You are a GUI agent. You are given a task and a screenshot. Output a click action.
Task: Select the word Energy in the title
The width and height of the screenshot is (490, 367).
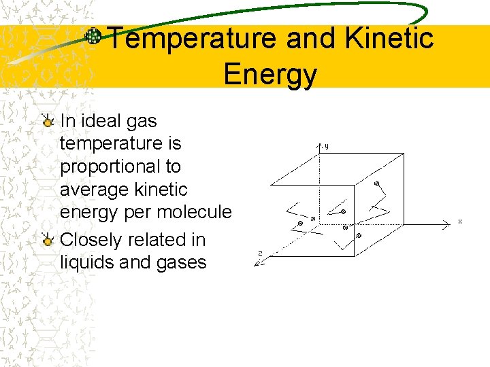(x=269, y=74)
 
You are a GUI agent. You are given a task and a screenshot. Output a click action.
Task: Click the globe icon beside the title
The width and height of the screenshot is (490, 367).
(x=93, y=36)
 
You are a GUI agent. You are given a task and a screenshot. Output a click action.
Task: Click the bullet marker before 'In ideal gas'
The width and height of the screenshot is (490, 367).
(x=48, y=122)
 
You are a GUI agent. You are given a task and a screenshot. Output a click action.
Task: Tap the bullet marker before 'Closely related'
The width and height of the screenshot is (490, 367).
(x=48, y=240)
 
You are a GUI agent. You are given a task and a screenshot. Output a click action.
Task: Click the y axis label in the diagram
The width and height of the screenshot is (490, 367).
(x=327, y=145)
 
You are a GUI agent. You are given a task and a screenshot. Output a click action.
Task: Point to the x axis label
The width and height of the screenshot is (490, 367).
(x=460, y=222)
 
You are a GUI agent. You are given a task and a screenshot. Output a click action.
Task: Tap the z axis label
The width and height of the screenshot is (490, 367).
(x=260, y=254)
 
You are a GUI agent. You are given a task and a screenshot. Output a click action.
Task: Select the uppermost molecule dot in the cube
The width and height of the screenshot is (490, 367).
(x=377, y=183)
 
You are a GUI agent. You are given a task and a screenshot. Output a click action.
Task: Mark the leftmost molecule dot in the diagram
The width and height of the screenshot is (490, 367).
(x=300, y=223)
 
